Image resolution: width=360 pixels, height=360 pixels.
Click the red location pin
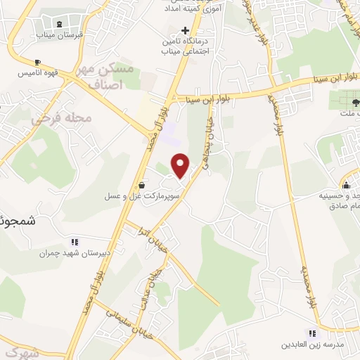pyautogui.click(x=181, y=166)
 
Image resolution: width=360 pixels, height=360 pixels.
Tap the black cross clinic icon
pyautogui.click(x=185, y=30)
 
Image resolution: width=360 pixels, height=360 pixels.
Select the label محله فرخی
pyautogui.click(x=62, y=118)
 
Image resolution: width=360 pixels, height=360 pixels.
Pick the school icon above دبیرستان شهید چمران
pyautogui.click(x=75, y=242)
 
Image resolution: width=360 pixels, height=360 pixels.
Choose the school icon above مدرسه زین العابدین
pyautogui.click(x=311, y=333)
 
